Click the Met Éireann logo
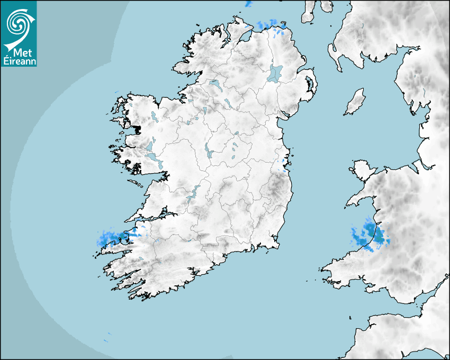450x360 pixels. [19, 34]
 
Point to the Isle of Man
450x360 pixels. [355, 102]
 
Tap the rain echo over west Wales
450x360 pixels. [371, 234]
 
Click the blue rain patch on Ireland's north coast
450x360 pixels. [270, 24]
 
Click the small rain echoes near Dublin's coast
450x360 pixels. [283, 165]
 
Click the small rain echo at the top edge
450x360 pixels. [249, 4]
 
